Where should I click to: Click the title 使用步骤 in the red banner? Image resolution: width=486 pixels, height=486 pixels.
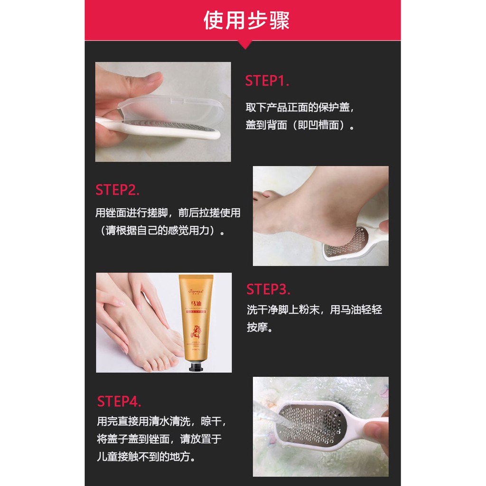coord(246,20)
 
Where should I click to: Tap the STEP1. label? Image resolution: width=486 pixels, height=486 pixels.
coord(267,81)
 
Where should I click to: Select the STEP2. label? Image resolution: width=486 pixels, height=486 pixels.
coord(117,190)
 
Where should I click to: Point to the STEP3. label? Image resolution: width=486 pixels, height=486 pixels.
coord(268,289)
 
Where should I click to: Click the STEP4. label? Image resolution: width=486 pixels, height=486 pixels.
coord(119,401)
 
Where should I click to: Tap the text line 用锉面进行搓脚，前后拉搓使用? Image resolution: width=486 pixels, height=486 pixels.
coord(168,213)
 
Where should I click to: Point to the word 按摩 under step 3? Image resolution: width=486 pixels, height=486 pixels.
coord(259,328)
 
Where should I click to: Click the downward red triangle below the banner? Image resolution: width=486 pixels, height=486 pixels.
coord(244,45)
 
